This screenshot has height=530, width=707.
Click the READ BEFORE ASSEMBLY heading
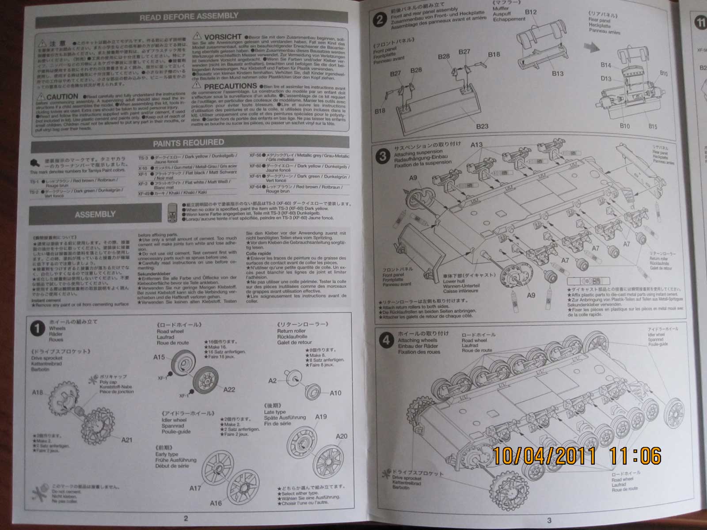[189, 17]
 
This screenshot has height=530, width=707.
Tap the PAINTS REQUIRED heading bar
[189, 143]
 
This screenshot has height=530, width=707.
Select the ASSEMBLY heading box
[95, 214]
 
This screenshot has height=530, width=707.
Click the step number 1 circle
[38, 328]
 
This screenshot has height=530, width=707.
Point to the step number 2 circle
[380, 20]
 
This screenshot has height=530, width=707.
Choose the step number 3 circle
[383, 155]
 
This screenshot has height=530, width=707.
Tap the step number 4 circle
[387, 340]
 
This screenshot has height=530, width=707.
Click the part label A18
[38, 392]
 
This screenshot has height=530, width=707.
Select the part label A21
[127, 439]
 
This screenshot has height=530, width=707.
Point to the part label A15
[159, 357]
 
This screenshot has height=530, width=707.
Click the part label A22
[229, 390]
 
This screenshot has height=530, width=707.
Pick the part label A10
[335, 393]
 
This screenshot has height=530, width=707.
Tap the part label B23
[482, 126]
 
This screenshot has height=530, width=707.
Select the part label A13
[477, 144]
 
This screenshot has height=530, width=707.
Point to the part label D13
[606, 79]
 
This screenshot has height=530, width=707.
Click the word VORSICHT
[223, 36]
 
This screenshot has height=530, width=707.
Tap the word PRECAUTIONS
[230, 86]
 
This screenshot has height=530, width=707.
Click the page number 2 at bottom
[186, 518]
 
